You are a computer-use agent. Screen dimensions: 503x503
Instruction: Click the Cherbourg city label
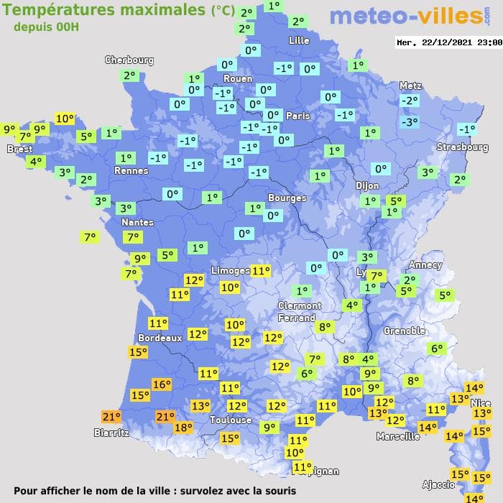(129, 60)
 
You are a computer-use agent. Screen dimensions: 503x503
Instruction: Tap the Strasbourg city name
(463, 147)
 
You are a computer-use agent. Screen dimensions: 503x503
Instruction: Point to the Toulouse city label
(231, 420)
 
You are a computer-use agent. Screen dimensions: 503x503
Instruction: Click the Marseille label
(398, 436)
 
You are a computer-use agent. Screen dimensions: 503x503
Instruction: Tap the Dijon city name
(367, 185)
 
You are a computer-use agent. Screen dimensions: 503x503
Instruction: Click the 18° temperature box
(183, 428)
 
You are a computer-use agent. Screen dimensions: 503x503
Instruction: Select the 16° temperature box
(162, 384)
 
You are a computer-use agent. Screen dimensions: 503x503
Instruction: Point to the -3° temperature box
(409, 122)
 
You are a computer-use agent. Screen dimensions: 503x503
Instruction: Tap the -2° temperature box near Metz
(409, 101)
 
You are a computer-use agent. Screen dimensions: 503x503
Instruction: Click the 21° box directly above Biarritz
(111, 417)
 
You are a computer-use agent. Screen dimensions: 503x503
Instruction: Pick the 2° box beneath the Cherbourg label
(129, 75)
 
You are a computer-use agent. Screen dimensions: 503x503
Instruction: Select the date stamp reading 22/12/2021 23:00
(449, 42)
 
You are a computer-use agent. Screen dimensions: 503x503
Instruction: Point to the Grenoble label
(405, 331)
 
